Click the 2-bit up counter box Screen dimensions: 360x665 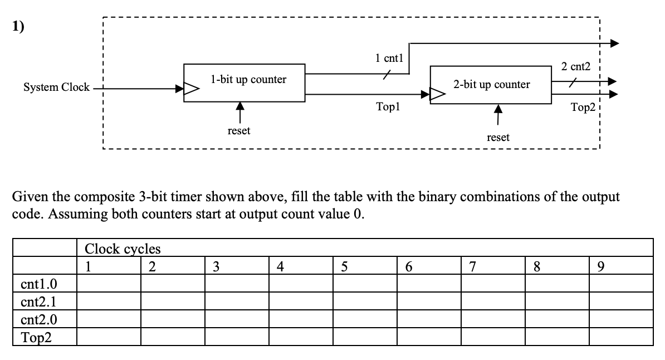coord(491,85)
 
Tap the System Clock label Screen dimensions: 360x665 coord(56,87)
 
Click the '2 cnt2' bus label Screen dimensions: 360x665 coord(575,67)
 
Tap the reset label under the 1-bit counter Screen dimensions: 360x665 coord(239,130)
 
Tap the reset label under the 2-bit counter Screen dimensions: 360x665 coord(498,137)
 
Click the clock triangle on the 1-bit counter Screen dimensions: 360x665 coord(190,87)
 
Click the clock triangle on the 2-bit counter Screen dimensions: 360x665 coord(436,94)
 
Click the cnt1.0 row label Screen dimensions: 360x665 coord(38,285)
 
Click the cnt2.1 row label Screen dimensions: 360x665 coord(38,302)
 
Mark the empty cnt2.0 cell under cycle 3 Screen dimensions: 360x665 coord(236,319)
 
